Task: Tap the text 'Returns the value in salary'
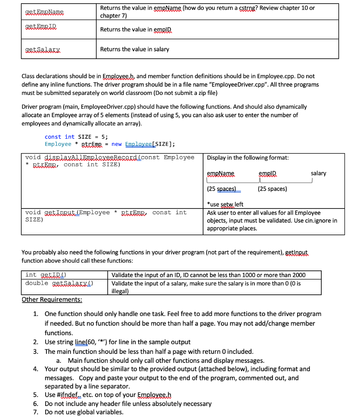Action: [135, 49]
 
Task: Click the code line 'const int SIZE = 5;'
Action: [76, 137]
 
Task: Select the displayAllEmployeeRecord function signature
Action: [109, 161]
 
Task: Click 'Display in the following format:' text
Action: [248, 158]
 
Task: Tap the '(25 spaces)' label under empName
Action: [224, 189]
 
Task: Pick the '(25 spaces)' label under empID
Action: [272, 189]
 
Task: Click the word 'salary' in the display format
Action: [318, 173]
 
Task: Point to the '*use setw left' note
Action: [225, 204]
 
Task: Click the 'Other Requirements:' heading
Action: [51, 300]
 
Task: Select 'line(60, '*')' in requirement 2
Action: [108, 342]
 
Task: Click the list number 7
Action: [36, 412]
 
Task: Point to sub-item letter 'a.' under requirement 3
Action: [59, 360]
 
